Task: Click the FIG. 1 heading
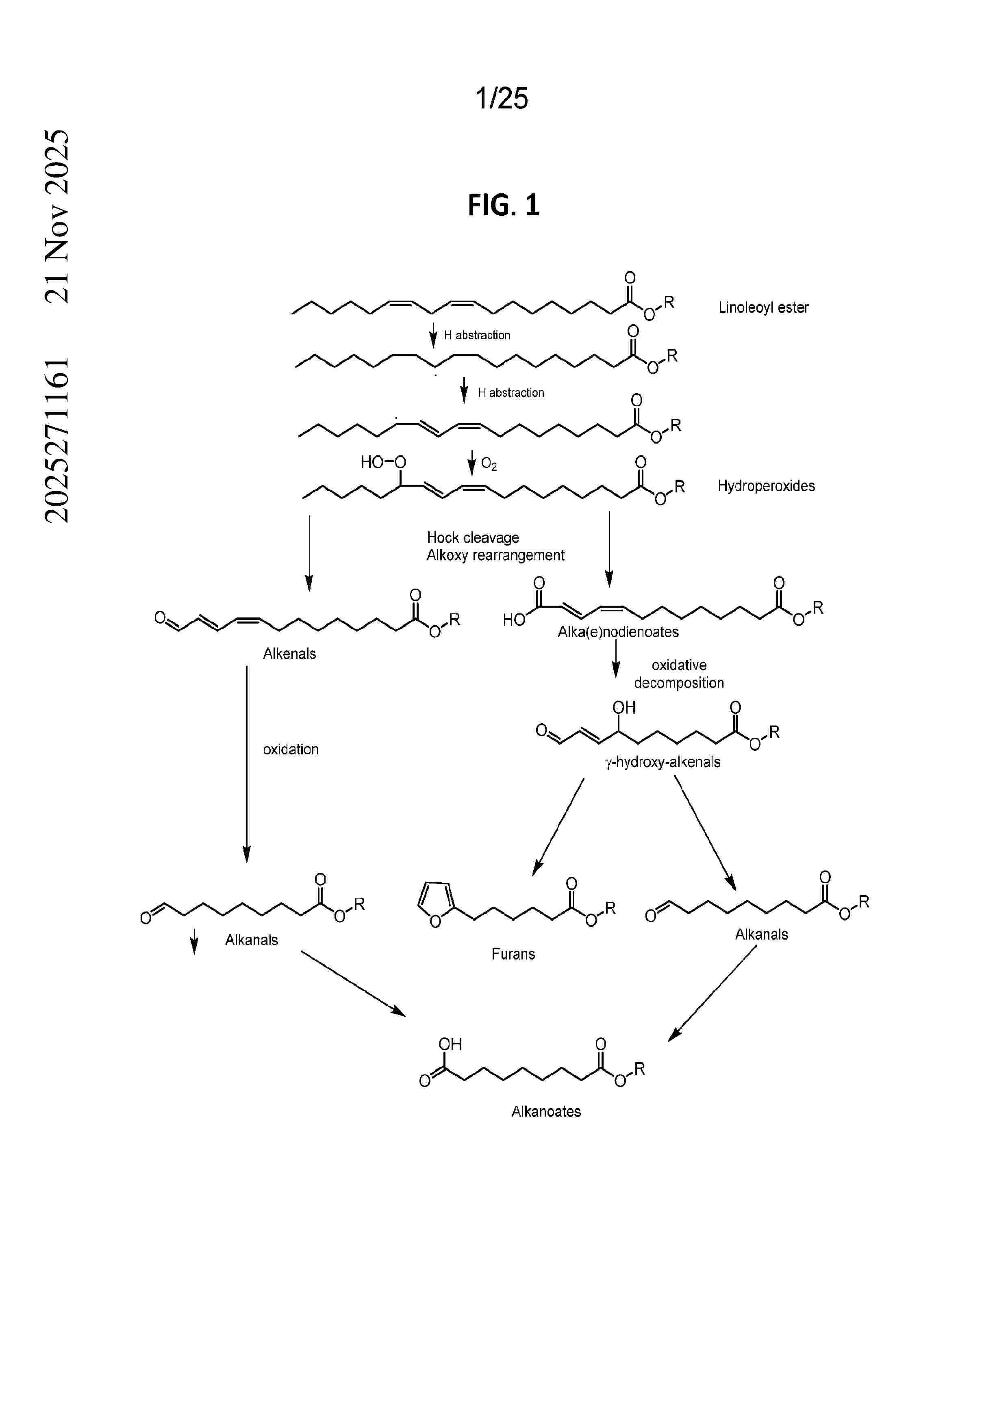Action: point(504,205)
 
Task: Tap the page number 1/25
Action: point(502,98)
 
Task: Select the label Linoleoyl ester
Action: point(763,307)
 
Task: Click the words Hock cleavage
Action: point(473,537)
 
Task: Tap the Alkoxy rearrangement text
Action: point(495,555)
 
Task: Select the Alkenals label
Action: point(289,654)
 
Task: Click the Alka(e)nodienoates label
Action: point(618,632)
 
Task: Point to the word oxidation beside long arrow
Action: point(291,749)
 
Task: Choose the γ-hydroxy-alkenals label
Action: point(663,762)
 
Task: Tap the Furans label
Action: point(513,954)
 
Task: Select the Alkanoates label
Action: point(546,1111)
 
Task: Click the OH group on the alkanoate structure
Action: point(450,1044)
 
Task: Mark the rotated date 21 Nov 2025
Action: point(57,216)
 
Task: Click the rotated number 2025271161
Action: point(57,440)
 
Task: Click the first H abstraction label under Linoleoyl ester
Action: point(477,335)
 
